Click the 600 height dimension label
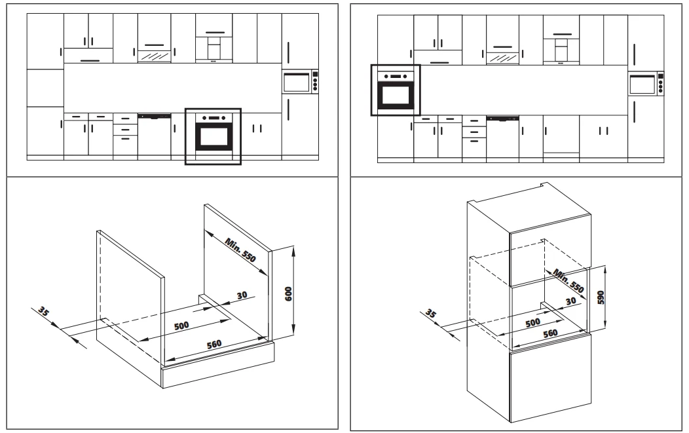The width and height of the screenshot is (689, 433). pyautogui.click(x=289, y=293)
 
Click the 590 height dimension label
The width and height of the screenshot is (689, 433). pyautogui.click(x=601, y=297)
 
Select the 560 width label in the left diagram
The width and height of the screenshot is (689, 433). pyautogui.click(x=214, y=344)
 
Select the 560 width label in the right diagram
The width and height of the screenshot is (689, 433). pyautogui.click(x=550, y=333)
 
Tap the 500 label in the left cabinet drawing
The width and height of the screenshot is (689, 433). pyautogui.click(x=181, y=326)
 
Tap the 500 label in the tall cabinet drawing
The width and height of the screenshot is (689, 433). pyautogui.click(x=532, y=322)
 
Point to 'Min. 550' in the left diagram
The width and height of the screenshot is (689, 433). pyautogui.click(x=240, y=250)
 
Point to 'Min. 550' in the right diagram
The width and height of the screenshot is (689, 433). pyautogui.click(x=568, y=280)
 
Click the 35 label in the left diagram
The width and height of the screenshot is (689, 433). pyautogui.click(x=43, y=311)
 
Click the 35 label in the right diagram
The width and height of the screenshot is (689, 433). pyautogui.click(x=431, y=314)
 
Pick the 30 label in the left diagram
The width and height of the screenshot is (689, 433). pyautogui.click(x=242, y=295)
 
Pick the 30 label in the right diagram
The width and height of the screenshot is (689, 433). pyautogui.click(x=570, y=301)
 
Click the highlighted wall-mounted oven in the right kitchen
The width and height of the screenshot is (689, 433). pyautogui.click(x=396, y=90)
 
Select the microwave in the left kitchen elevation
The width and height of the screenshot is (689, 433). pyautogui.click(x=300, y=82)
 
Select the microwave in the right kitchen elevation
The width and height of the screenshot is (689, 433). pyautogui.click(x=646, y=84)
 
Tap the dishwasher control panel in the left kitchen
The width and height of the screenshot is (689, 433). pyautogui.click(x=154, y=116)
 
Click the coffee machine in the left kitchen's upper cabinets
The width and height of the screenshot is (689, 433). pyautogui.click(x=214, y=48)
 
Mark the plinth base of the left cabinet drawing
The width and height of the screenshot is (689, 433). pyautogui.click(x=218, y=365)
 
